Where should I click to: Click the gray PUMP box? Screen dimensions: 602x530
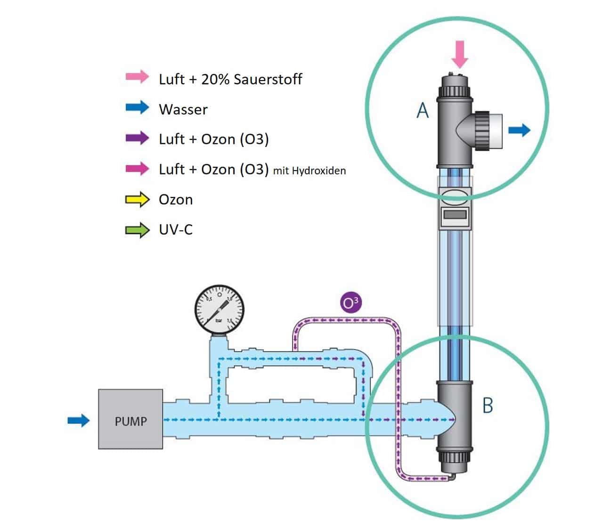pos(130,419)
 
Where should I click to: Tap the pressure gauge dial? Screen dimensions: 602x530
pos(220,310)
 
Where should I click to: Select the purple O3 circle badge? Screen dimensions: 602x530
pos(350,302)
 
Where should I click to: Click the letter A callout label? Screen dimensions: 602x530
pos(423,110)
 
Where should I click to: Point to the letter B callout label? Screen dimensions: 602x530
pos(488,405)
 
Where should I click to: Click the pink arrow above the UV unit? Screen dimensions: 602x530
pos(460,54)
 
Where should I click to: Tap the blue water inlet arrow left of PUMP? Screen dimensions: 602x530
pos(79,421)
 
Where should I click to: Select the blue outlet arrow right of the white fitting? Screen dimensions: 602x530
pos(520,130)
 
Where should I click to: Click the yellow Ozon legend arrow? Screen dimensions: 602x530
pos(137,199)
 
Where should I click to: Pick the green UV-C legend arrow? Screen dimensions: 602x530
pos(137,230)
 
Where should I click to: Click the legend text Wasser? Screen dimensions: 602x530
pos(183,109)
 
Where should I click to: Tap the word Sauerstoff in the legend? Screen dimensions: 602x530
pos(268,79)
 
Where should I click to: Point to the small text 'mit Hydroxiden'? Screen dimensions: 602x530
pos(309,171)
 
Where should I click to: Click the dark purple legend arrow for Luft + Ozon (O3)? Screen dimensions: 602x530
pos(137,138)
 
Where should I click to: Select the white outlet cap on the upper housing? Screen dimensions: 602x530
pos(496,131)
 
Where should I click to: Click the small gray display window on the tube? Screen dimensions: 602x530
pos(455,214)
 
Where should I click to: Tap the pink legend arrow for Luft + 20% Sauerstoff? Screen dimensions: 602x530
pos(137,77)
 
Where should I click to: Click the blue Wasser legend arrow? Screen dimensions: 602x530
pos(137,107)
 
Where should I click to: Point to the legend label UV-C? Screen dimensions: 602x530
pos(176,230)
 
